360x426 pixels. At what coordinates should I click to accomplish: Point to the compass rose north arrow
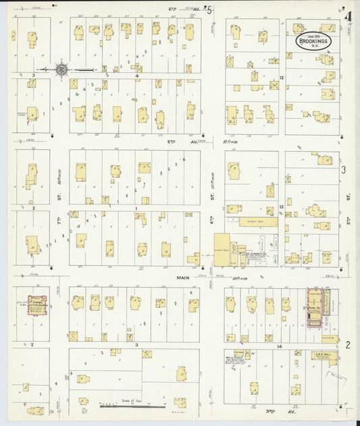coord(61,69)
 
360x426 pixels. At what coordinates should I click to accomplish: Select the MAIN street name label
coord(182,277)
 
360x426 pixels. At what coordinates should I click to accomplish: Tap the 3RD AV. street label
coord(264,410)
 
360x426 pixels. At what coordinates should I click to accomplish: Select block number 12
coord(281,78)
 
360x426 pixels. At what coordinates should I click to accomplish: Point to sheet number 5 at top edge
coord(209,9)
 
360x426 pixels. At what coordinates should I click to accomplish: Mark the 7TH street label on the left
coord(59,221)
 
